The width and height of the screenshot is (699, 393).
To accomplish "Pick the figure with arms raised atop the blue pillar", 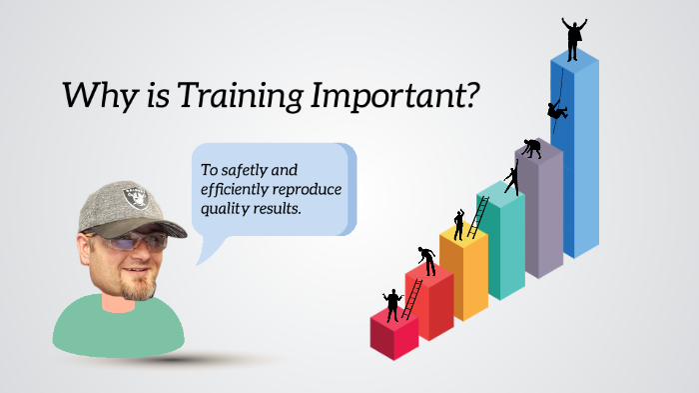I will coord(573,38).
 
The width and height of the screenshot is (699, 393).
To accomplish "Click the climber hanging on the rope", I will coord(555,110).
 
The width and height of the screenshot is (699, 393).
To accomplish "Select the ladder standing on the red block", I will coord(410,297).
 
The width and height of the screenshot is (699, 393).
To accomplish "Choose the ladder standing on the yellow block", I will coord(478,217).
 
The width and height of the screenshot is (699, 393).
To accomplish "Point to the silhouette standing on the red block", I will coord(392,304).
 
